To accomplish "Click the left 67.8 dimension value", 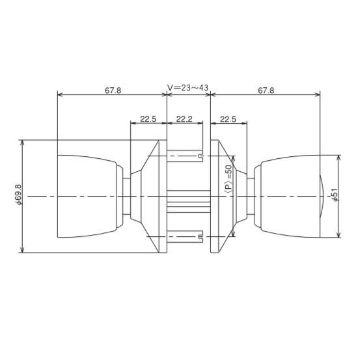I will click(113, 90).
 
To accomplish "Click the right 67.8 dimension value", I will click(266, 90).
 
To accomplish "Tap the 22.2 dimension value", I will click(184, 119).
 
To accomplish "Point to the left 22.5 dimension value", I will click(148, 119).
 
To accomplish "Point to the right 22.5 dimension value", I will click(228, 119).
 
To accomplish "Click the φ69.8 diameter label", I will click(18, 195).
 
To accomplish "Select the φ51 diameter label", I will click(334, 196).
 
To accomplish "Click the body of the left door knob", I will click(87, 195).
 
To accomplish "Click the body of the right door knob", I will click(290, 195).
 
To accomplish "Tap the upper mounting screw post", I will click(186, 157).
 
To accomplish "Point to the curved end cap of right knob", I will click(324, 196).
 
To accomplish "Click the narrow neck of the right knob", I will click(251, 195).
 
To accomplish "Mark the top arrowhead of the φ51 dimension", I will click(339, 158).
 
